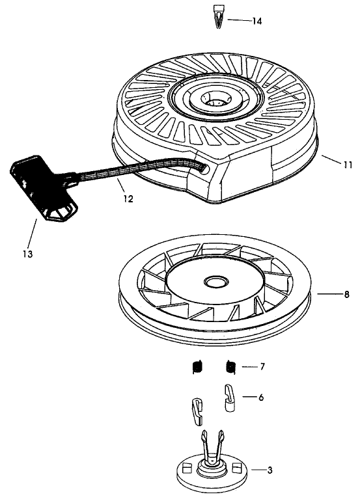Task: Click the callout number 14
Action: point(257,21)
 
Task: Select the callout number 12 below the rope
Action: point(128,199)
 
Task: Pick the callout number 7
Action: point(262,367)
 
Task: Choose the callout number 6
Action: point(260,396)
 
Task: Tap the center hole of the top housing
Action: point(214,100)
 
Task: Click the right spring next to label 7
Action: point(230,367)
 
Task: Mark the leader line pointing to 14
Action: point(237,21)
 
